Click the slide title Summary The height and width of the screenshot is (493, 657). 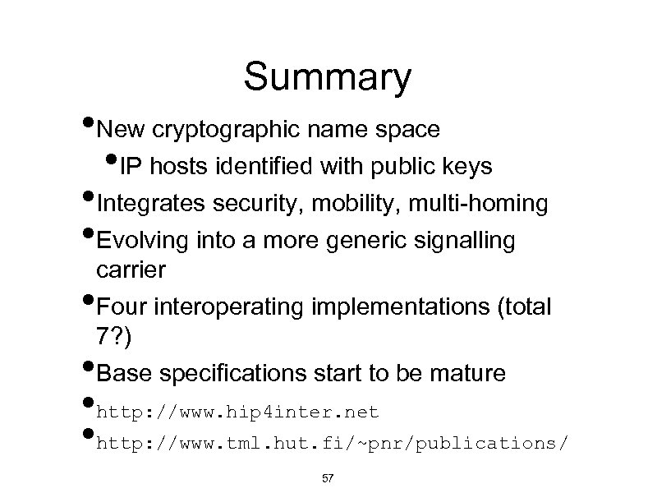(327, 78)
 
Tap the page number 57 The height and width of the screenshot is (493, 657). (326, 478)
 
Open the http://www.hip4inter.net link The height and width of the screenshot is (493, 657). (237, 409)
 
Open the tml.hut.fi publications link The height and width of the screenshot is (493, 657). (331, 445)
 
